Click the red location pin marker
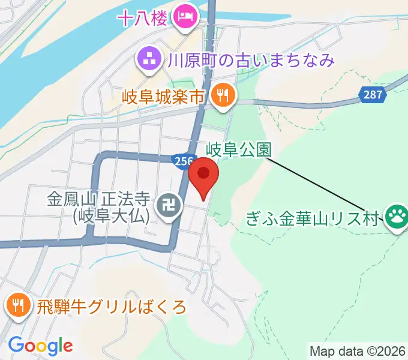[203, 175]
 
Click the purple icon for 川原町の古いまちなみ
[147, 59]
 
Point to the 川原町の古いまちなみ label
[251, 60]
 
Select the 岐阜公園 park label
[238, 149]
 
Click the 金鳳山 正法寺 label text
[98, 198]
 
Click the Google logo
[41, 346]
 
